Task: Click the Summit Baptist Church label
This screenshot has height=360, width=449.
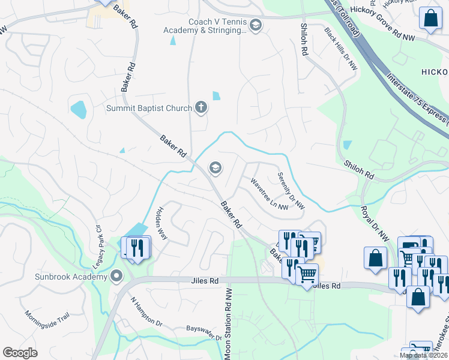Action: pyautogui.click(x=149, y=108)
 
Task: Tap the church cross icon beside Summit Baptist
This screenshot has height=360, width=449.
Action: pyautogui.click(x=201, y=108)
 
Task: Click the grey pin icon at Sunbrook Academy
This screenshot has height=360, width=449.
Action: pyautogui.click(x=116, y=277)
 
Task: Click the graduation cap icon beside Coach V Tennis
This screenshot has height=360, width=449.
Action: pyautogui.click(x=256, y=25)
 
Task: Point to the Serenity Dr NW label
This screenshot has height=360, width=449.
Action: pyautogui.click(x=291, y=191)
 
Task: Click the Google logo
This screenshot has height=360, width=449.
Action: pyautogui.click(x=20, y=353)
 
